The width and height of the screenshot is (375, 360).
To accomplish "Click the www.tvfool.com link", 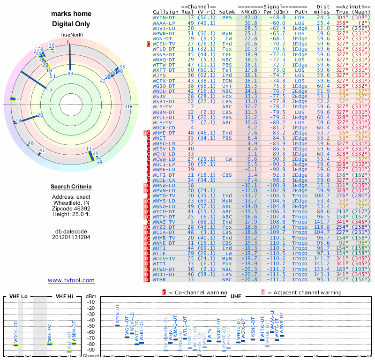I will click(71, 280).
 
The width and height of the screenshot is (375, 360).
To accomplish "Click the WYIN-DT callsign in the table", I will click(164, 17).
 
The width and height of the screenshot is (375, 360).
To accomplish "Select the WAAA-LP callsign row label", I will click(164, 22).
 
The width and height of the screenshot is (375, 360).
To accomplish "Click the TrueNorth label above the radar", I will click(70, 36).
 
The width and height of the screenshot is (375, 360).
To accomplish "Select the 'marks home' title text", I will click(71, 14).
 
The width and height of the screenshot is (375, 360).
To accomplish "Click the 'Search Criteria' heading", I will click(71, 187).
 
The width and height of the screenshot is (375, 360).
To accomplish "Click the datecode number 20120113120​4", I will click(71, 237).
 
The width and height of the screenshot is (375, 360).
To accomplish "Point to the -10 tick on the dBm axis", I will click(91, 302).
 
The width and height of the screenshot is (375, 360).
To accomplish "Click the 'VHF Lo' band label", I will click(17, 297).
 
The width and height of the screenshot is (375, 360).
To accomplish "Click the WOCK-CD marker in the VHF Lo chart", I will click(15, 345).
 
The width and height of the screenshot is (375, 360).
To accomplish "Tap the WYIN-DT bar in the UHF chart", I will click(117, 325).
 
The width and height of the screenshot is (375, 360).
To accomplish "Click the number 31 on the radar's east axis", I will click(127, 107).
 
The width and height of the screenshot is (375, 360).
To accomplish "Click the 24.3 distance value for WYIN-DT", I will click(323, 17).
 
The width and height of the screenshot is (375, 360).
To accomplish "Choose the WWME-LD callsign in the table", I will click(164, 169).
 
